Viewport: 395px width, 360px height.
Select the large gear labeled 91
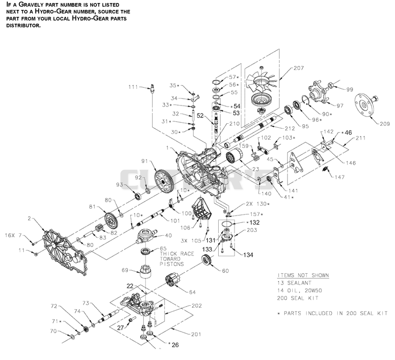(x=163, y=181)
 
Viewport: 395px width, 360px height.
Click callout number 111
(x=133, y=87)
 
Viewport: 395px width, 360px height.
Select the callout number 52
(x=200, y=115)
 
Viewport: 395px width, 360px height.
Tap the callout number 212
(x=290, y=129)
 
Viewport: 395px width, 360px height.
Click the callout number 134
(x=248, y=255)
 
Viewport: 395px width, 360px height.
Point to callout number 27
(x=120, y=327)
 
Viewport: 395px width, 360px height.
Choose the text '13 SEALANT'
(x=294, y=283)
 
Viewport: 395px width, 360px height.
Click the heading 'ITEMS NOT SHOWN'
(x=303, y=275)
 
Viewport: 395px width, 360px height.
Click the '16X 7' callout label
(x=14, y=235)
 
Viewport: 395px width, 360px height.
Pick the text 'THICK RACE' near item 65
(x=177, y=254)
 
